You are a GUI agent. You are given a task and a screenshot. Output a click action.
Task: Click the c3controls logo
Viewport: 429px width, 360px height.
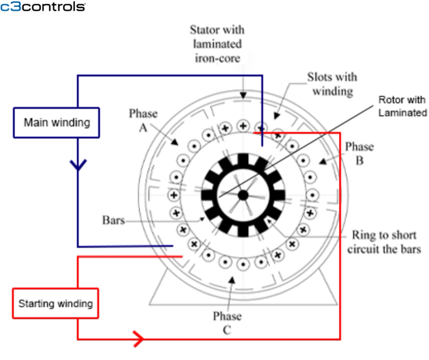(42, 7)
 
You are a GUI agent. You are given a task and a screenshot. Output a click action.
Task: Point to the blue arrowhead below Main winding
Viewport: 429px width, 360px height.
(78, 165)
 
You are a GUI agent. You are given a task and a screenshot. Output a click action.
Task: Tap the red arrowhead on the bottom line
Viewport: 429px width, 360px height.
(138, 339)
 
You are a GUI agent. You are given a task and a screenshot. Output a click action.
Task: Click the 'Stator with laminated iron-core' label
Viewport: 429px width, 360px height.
(216, 43)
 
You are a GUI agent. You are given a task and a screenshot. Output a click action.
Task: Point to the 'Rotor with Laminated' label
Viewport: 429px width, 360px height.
(402, 106)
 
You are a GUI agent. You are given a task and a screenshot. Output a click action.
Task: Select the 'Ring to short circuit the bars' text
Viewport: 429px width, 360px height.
(383, 242)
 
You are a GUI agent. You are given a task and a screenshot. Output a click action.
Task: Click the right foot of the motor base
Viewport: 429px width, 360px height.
(320, 292)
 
